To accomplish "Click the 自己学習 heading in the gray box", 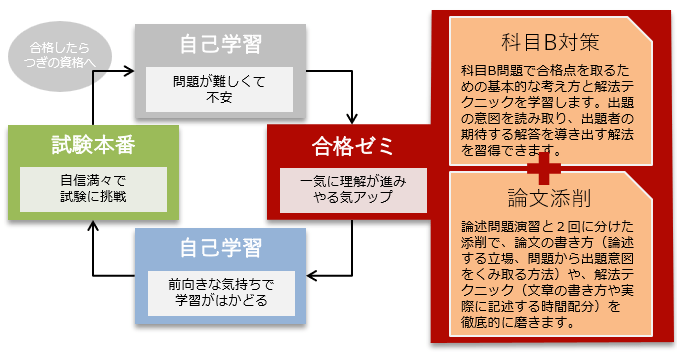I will tap(221, 45).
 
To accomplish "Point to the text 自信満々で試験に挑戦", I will tap(94, 190).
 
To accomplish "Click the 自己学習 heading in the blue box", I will tap(221, 248).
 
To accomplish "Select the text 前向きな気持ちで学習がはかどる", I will tap(221, 293).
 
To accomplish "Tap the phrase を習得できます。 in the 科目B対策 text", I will tap(509, 152).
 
